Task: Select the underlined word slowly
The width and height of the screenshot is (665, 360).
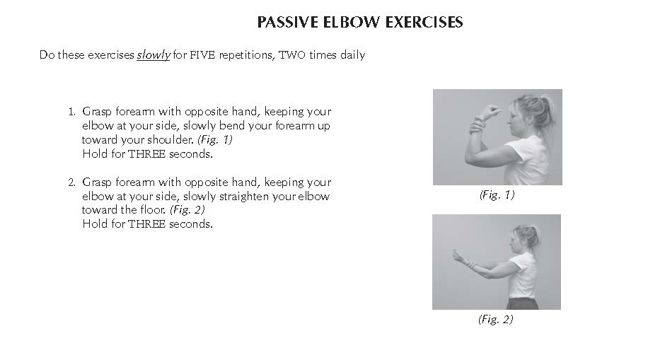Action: click(x=154, y=55)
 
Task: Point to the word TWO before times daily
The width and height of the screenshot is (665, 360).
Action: click(x=291, y=55)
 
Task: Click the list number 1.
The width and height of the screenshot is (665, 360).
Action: click(x=71, y=112)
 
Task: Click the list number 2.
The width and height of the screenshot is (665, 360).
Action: click(x=71, y=182)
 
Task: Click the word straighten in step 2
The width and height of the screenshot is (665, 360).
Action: click(x=244, y=197)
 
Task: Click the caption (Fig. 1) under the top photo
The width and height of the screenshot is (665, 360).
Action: click(x=497, y=194)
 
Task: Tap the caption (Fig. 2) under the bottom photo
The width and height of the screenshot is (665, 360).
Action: click(x=496, y=319)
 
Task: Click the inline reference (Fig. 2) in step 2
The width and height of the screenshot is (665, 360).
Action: click(x=187, y=210)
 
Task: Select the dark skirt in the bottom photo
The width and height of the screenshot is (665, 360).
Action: click(x=523, y=303)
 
